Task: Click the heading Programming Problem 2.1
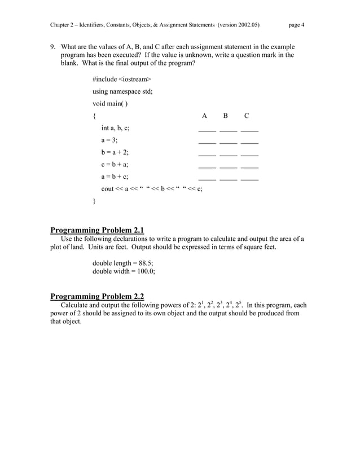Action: coord(97,230)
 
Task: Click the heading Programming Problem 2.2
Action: coord(97,296)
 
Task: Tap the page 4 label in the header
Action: coord(296,25)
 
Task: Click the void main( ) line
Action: coord(110,103)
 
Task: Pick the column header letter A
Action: coord(204,116)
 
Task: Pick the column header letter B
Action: coord(225,116)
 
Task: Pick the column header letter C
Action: coord(247,116)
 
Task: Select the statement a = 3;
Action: coord(109,140)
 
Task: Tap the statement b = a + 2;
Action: coord(115,152)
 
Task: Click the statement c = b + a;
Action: coord(115,165)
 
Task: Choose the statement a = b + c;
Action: coord(115,177)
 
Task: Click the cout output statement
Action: coord(152,189)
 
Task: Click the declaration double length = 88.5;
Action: coord(122,263)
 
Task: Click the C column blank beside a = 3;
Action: coord(249,142)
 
